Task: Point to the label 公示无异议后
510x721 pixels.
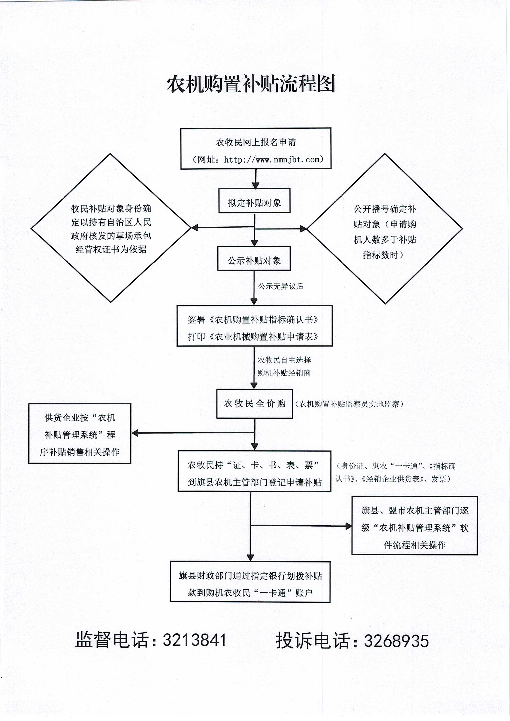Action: click(x=281, y=286)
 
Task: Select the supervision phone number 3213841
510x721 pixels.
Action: click(x=195, y=640)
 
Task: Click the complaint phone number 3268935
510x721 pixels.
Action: click(x=396, y=641)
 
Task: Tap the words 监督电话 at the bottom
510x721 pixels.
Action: click(x=111, y=640)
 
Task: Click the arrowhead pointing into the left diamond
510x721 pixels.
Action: click(x=195, y=227)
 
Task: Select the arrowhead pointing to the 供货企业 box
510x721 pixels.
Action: click(x=135, y=433)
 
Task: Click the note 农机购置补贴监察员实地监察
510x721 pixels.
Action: click(x=349, y=404)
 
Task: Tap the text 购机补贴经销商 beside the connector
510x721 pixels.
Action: click(x=284, y=373)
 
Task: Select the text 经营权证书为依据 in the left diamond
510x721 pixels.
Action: click(x=111, y=249)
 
